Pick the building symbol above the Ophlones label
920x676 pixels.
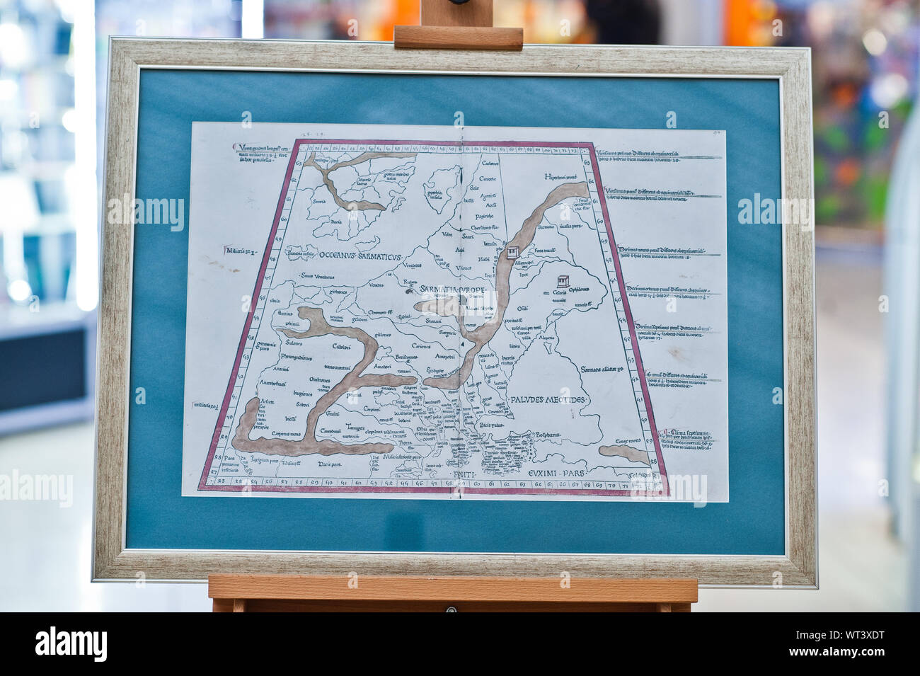(564, 281)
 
